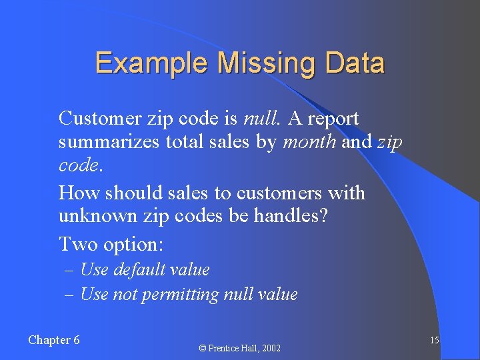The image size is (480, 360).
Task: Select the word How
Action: pyautogui.click(x=77, y=193)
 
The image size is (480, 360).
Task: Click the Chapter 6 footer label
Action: pyautogui.click(x=54, y=340)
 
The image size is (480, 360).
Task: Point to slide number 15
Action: pyautogui.click(x=434, y=341)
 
